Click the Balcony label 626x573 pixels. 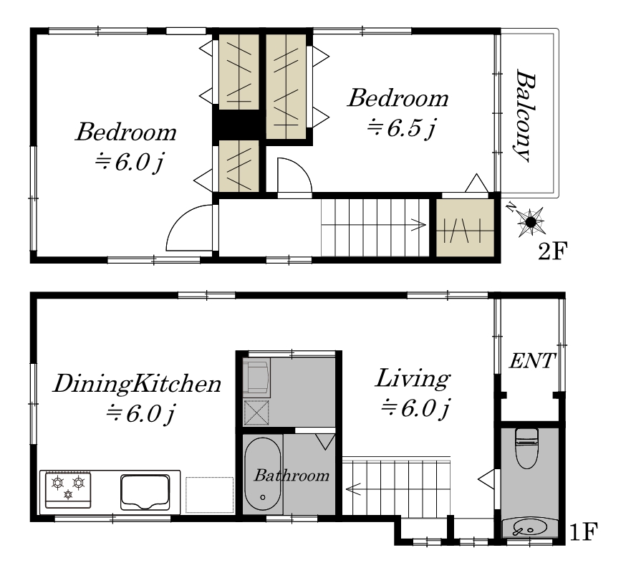(524, 116)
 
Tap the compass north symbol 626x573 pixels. (529, 221)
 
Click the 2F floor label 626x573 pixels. (553, 251)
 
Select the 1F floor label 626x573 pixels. (583, 532)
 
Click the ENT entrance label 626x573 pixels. (532, 361)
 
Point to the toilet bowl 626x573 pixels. (527, 448)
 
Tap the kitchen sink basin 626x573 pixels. (145, 492)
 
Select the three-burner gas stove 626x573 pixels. (68, 490)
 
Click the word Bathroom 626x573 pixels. (292, 475)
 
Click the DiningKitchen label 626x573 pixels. (137, 384)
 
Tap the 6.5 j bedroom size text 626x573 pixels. (401, 128)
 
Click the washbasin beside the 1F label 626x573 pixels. (529, 528)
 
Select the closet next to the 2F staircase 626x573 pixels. (465, 228)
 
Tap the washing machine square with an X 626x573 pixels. (256, 413)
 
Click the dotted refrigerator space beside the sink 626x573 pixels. (209, 495)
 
